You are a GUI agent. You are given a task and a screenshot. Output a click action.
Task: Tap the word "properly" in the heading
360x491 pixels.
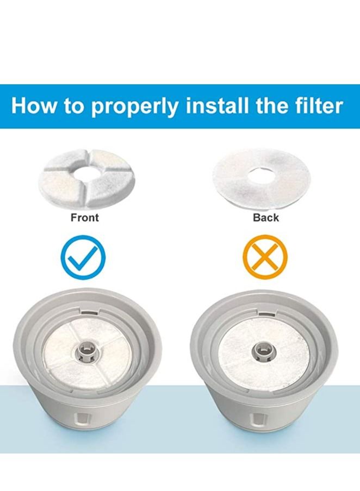point(134,107)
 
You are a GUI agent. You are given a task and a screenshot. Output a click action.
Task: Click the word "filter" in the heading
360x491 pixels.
point(316,105)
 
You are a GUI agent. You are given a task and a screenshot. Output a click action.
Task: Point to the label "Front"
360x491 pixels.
point(85,217)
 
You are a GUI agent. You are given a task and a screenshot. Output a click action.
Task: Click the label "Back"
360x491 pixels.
point(266,217)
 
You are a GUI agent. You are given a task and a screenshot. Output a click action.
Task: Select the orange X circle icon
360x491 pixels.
point(264,254)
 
